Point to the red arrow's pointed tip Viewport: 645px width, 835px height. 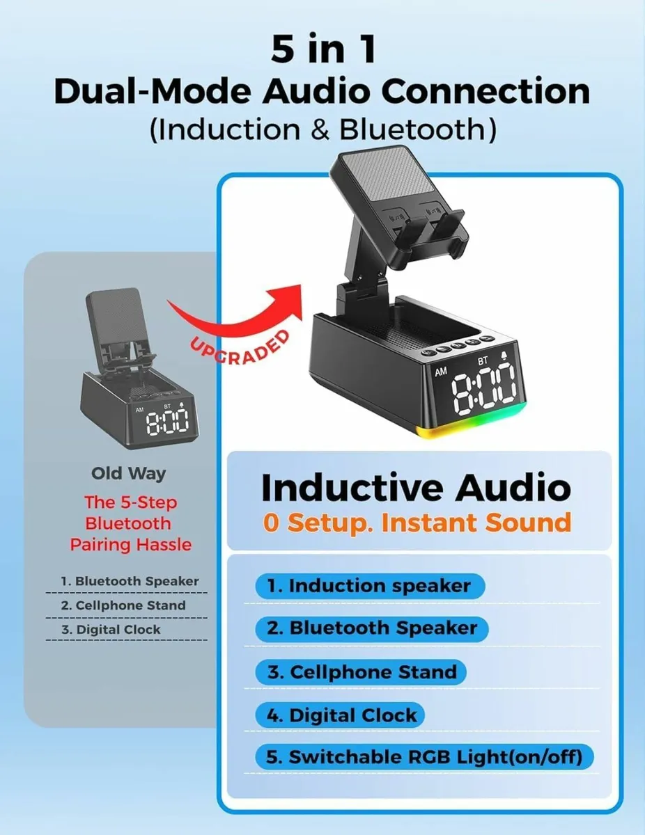click(x=303, y=285)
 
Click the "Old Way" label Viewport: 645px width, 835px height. click(x=128, y=474)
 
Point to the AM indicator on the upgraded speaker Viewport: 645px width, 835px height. click(x=441, y=372)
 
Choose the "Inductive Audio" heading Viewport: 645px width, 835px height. click(x=416, y=488)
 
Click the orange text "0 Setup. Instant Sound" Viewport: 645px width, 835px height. click(x=417, y=522)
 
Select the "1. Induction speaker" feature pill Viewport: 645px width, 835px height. click(x=369, y=586)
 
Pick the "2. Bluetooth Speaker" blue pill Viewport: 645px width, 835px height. click(x=373, y=628)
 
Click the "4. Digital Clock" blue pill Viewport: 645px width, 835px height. click(x=341, y=715)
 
